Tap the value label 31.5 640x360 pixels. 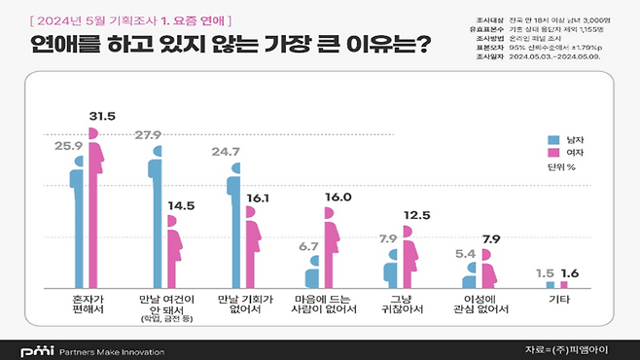102,117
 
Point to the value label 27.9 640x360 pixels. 148,133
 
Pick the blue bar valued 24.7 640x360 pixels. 233,227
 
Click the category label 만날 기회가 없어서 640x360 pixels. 241,304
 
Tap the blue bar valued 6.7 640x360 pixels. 312,270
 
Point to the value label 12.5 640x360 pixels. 416,214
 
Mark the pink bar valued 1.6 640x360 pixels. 564,284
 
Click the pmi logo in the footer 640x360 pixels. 35,348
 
